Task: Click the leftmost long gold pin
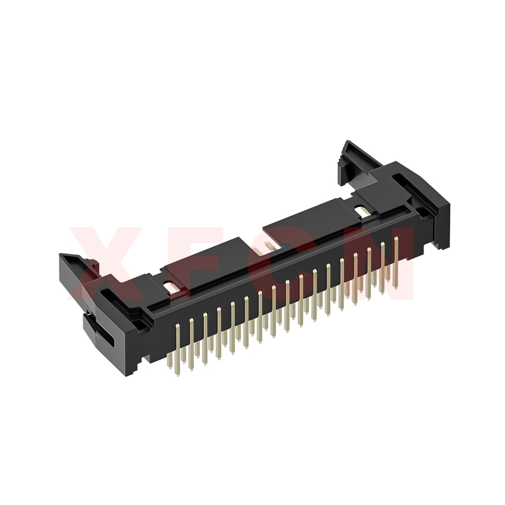[178, 350]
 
